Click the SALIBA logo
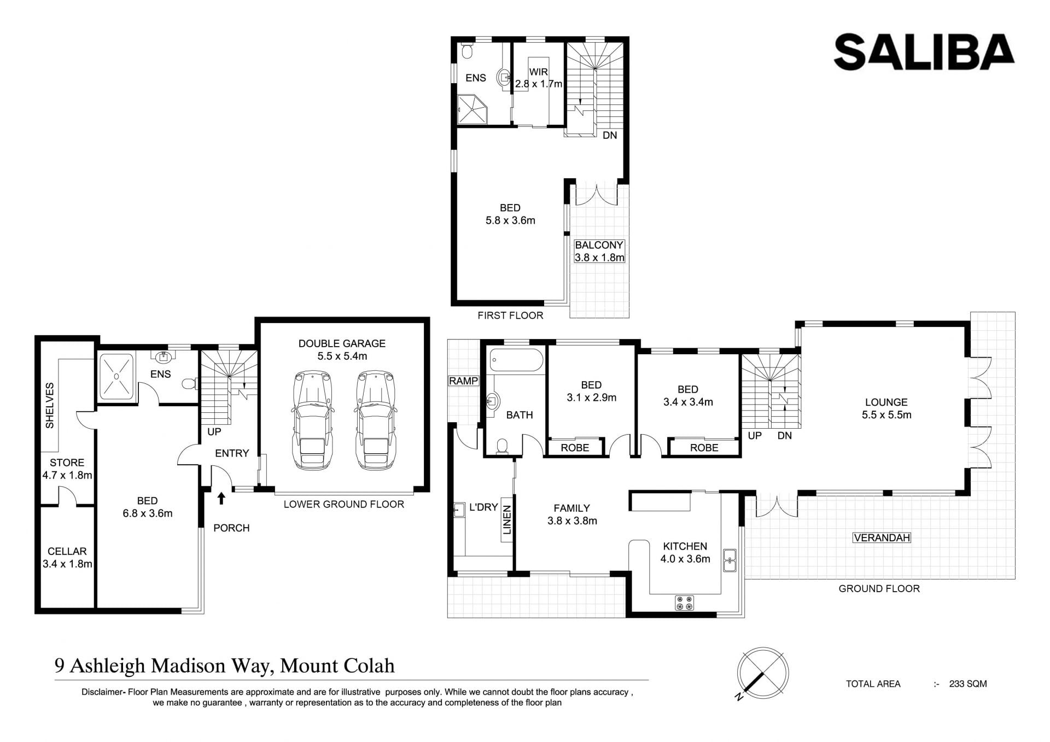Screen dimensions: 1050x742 [x=924, y=52]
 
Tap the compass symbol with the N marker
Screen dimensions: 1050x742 [x=762, y=674]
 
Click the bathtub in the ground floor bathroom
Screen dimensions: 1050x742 [x=516, y=360]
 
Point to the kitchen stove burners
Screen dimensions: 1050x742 [x=685, y=603]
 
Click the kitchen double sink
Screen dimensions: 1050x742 [x=730, y=560]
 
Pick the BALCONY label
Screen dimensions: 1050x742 [x=599, y=245]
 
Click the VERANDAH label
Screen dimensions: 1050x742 [x=882, y=537]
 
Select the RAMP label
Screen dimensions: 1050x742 [x=463, y=381]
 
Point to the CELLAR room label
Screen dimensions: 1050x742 [x=67, y=551]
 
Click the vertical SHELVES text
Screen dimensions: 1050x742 [x=50, y=405]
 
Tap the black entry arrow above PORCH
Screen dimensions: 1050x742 [x=221, y=498]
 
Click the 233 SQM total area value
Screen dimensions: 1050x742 [x=968, y=683]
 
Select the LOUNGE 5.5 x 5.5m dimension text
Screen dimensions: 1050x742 [x=886, y=415]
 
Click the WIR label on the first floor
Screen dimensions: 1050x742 [x=538, y=72]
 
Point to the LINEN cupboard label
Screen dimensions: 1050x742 [x=507, y=519]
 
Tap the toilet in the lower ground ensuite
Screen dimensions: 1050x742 [x=189, y=384]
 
